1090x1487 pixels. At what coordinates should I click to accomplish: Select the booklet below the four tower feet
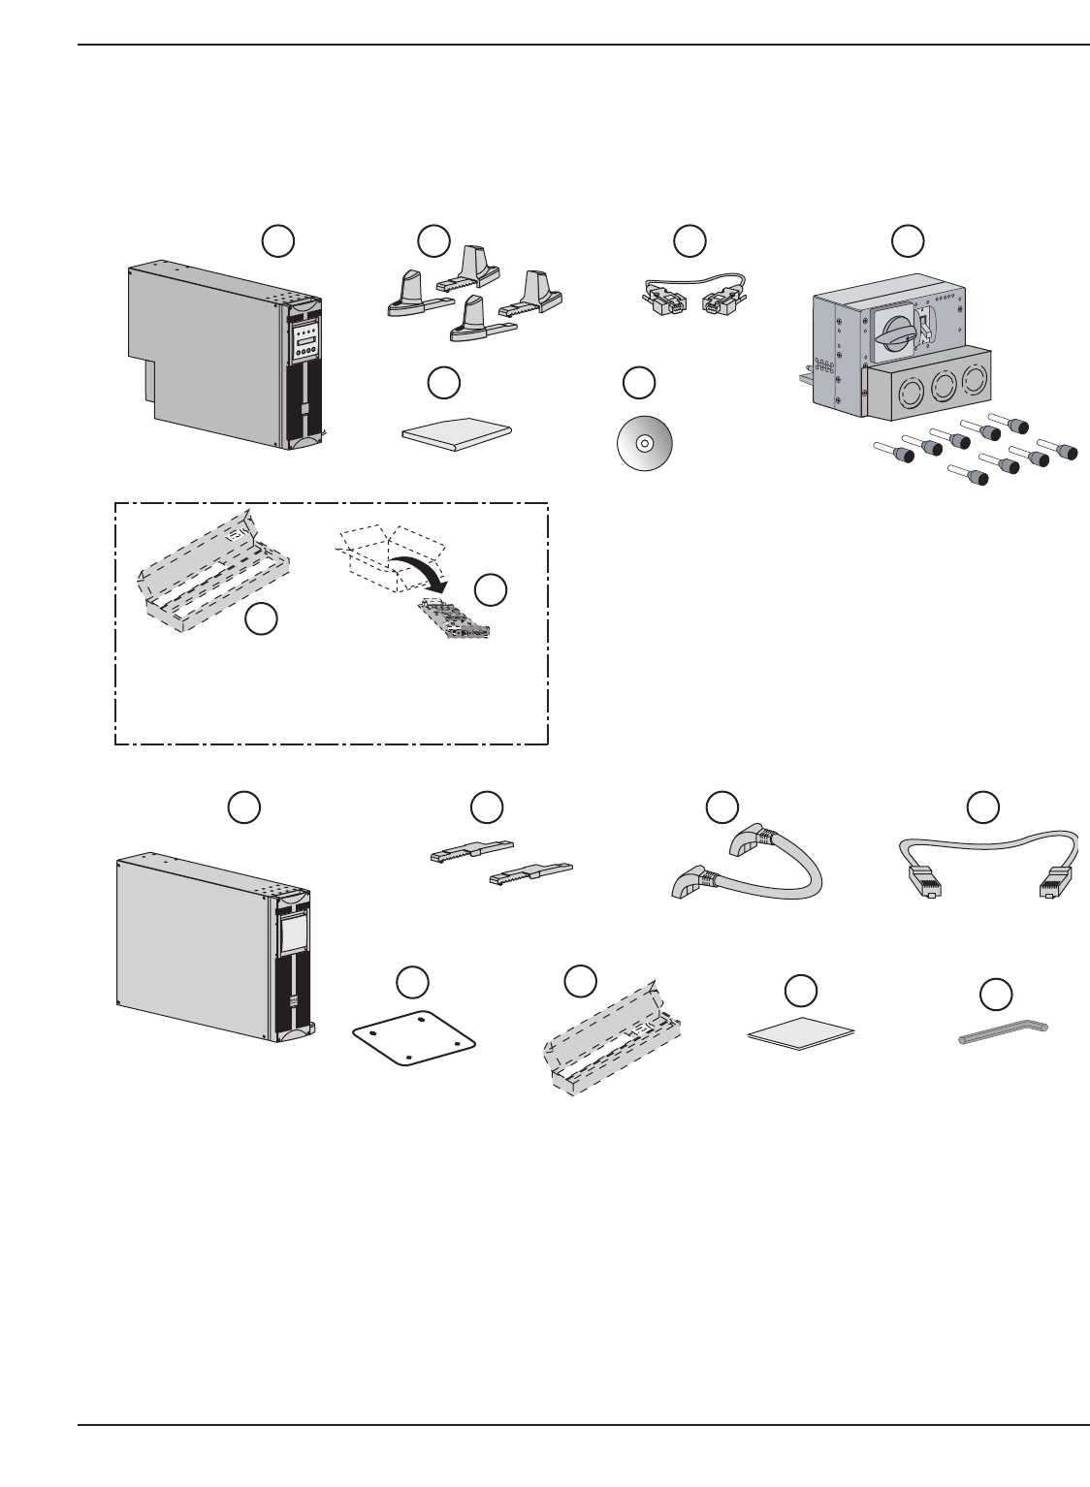point(456,429)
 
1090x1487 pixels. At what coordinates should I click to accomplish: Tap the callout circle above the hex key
point(995,994)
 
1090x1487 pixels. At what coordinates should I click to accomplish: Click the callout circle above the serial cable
point(689,241)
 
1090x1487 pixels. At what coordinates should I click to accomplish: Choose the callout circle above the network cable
point(983,806)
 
